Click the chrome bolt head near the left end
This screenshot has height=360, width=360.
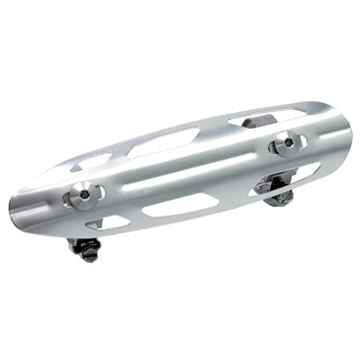point(78,197)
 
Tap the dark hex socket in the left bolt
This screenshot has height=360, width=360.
point(81,198)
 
